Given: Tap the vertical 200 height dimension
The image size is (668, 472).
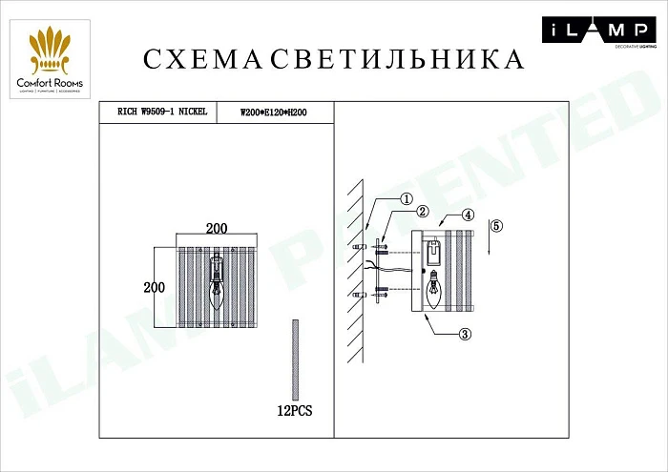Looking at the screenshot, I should [x=154, y=287].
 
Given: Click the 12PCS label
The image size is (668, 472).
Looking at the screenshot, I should [x=294, y=412].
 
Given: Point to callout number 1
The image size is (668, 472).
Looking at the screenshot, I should [x=406, y=199].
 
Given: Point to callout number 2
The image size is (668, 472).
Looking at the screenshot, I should [x=421, y=213].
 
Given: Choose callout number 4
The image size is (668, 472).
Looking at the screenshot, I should [x=469, y=215].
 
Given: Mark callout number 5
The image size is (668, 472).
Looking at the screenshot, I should [x=496, y=226].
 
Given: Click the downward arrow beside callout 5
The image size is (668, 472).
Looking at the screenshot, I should [x=488, y=237].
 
